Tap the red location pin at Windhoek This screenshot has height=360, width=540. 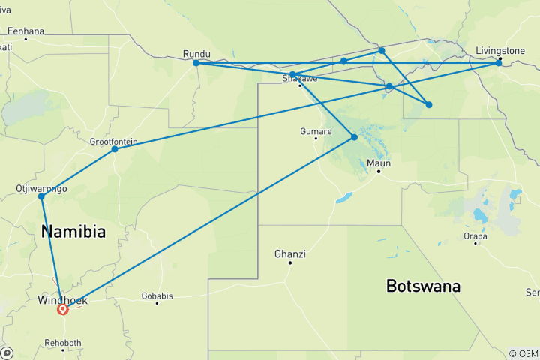point(63,307)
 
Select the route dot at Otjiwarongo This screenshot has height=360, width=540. point(40,196)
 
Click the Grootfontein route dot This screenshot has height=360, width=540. point(115,148)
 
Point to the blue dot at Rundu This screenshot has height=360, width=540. point(196,63)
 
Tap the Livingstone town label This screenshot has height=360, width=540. point(500,51)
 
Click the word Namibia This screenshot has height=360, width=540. point(73,232)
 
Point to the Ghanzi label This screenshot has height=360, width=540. point(289,253)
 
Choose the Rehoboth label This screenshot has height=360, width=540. point(63,342)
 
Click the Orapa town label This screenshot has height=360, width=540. point(475,235)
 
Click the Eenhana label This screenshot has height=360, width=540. point(25,31)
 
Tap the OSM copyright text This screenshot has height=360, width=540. point(523,353)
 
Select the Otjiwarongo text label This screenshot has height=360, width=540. point(41,188)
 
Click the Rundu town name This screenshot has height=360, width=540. point(196,53)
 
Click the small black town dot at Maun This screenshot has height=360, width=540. point(379,172)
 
